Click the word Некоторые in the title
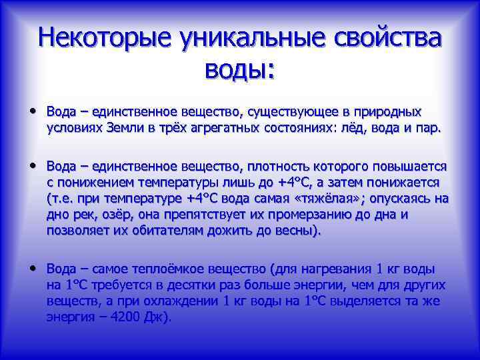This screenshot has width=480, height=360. pos(99,37)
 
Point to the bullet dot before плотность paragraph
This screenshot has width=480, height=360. pos(33,165)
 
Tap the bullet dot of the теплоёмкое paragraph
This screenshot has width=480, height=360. pos(33,268)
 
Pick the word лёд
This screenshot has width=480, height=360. pos(354,128)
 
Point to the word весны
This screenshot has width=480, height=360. pos(299,231)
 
